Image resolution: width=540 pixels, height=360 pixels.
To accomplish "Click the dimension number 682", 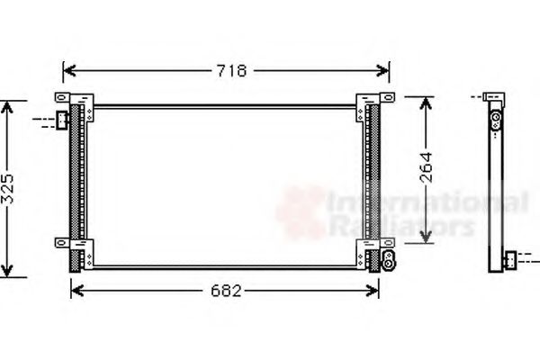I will (x=225, y=290).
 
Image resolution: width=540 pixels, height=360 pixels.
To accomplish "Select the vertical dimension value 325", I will (x=8, y=188).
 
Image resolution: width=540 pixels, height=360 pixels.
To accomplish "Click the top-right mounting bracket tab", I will (x=385, y=97).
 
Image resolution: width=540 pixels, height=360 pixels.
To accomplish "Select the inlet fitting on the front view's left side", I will (x=61, y=119).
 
